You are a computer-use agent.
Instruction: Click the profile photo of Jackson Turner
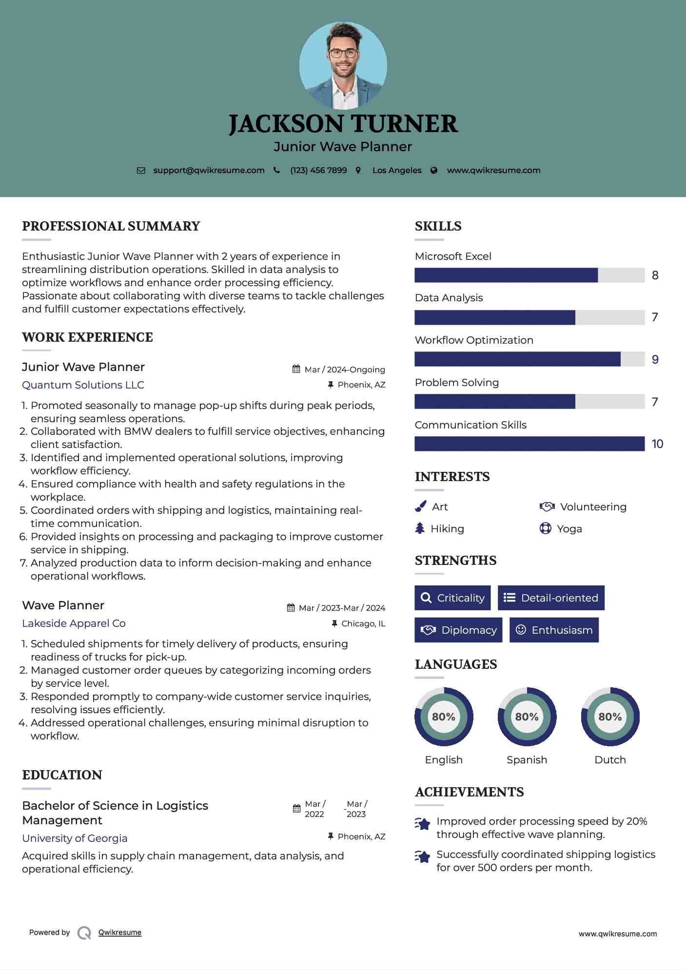coord(343,65)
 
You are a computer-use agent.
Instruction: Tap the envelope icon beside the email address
coord(141,171)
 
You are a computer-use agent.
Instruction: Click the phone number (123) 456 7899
coord(318,171)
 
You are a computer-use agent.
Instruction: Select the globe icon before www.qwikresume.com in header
coord(434,171)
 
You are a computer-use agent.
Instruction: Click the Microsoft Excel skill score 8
coord(655,275)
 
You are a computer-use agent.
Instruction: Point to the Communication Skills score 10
coord(657,444)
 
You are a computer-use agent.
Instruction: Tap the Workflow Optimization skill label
coord(474,340)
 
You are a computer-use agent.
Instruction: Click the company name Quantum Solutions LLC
coord(83,385)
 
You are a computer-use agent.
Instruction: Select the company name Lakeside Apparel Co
coord(74,623)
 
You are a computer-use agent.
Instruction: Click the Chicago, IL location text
coord(363,624)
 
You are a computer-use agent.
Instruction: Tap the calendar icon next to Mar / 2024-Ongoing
coord(296,369)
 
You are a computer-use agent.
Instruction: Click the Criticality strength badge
coord(452,598)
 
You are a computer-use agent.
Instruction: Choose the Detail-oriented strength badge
coord(551,598)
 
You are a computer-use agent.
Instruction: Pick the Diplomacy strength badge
coord(458,630)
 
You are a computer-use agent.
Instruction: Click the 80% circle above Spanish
coord(527,717)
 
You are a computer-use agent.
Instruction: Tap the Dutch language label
coord(610,760)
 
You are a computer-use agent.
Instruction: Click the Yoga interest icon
coord(545,528)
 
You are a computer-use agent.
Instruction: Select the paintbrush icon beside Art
coord(420,507)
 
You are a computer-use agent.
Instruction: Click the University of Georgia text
coord(75,838)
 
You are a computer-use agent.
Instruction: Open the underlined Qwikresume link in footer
coord(120,932)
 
